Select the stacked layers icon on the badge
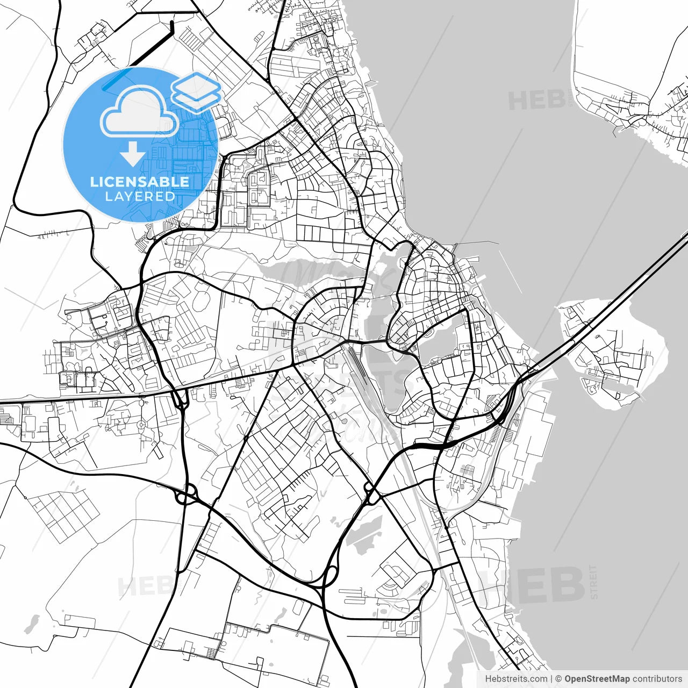click(x=196, y=91)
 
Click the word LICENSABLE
click(x=140, y=182)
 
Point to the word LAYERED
click(x=140, y=197)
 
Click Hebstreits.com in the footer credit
click(x=516, y=679)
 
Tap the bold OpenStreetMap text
click(x=597, y=679)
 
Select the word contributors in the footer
click(x=657, y=679)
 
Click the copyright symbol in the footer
click(x=558, y=679)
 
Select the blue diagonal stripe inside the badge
click(x=116, y=79)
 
